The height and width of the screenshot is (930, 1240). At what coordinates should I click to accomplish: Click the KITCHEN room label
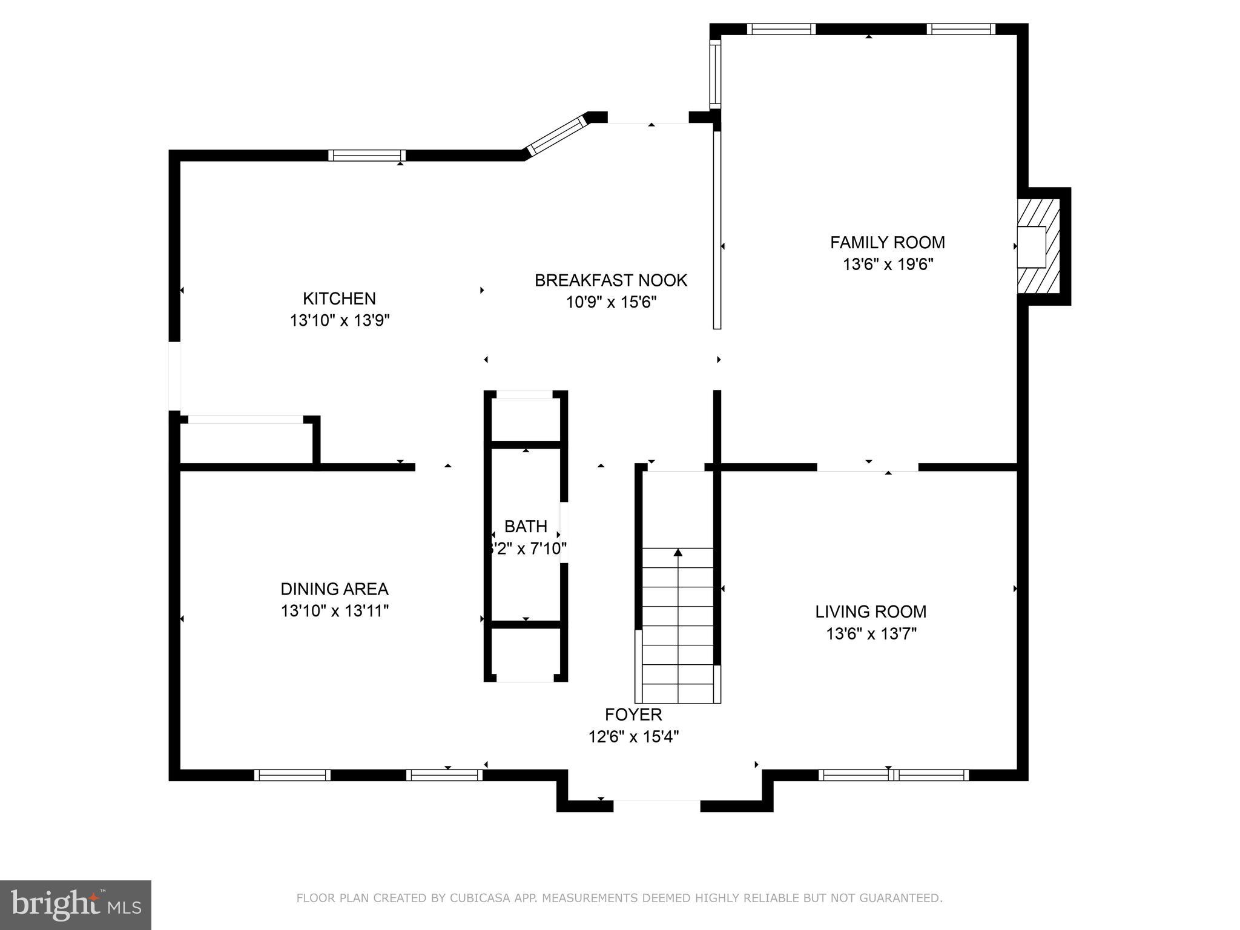click(339, 298)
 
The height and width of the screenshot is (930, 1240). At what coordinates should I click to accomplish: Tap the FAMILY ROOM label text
click(887, 242)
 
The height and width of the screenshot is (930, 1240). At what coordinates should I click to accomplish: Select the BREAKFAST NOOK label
click(610, 280)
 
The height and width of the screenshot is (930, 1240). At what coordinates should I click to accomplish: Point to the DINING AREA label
click(334, 589)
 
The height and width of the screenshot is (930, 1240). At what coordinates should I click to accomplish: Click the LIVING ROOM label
click(870, 612)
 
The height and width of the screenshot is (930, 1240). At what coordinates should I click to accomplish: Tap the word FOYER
click(633, 714)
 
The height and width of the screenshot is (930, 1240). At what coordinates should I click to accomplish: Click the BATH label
click(526, 526)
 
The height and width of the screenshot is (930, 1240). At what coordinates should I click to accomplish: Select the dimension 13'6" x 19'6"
click(887, 265)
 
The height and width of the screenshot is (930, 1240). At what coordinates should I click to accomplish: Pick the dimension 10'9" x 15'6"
click(610, 302)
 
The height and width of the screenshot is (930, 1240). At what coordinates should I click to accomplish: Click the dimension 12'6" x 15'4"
click(633, 737)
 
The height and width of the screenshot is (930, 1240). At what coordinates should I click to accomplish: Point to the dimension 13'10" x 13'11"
click(334, 610)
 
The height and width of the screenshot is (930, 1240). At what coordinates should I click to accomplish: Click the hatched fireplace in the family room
click(1038, 247)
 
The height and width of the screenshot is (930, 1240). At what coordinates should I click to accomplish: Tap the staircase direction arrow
click(678, 553)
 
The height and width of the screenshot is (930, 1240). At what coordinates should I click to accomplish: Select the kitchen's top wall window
click(367, 156)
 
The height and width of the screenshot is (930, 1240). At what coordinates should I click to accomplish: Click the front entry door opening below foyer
click(657, 806)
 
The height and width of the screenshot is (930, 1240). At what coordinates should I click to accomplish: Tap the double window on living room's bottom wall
click(893, 775)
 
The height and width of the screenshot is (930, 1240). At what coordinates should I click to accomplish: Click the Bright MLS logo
click(76, 905)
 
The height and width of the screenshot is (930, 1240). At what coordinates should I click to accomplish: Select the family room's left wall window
click(715, 74)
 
